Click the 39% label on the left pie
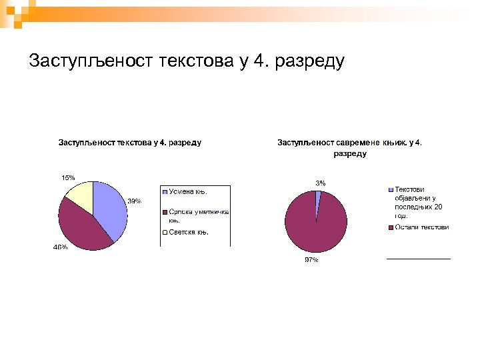point(134,201)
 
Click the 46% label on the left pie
point(60,247)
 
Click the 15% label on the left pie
point(68,177)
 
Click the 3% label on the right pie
point(321,183)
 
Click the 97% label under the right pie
point(311,260)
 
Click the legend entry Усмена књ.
point(187,192)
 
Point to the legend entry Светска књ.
point(189,233)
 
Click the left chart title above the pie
point(130,142)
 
